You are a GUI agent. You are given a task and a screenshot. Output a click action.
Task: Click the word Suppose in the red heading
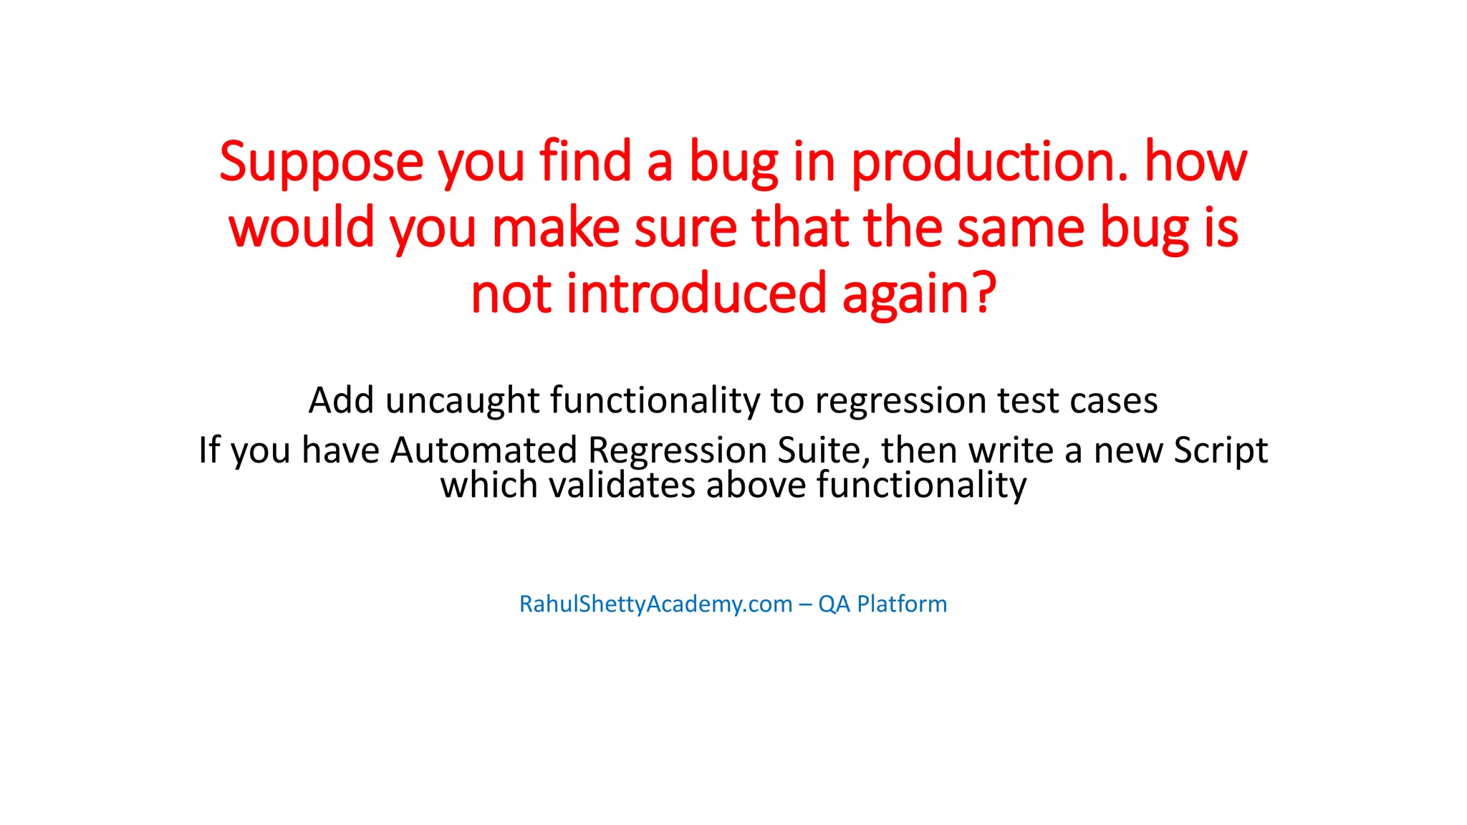pyautogui.click(x=322, y=163)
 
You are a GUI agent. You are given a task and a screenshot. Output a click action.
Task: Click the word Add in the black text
pyautogui.click(x=341, y=400)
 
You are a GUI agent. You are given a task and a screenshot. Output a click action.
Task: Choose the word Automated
pyautogui.click(x=484, y=450)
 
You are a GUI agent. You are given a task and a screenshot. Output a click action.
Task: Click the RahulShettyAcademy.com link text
pyautogui.click(x=655, y=604)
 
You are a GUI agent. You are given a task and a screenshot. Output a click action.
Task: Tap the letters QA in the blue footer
pyautogui.click(x=834, y=604)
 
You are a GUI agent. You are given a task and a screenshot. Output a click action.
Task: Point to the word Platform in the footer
pyautogui.click(x=902, y=604)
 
